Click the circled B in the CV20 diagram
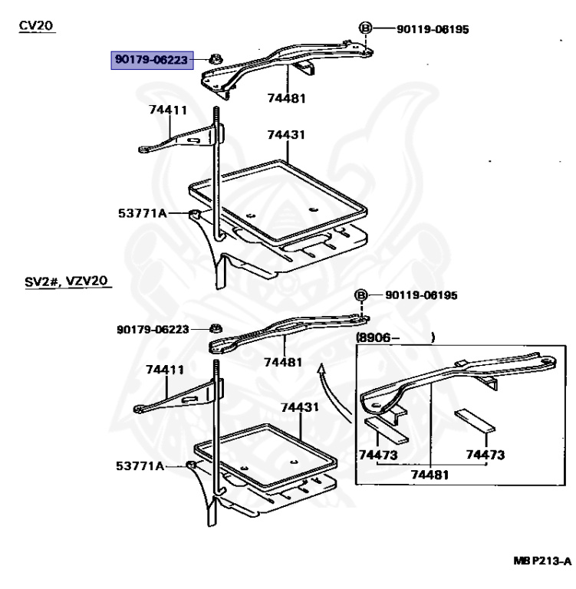click(x=365, y=29)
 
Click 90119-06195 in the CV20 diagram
click(x=432, y=30)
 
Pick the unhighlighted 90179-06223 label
click(x=153, y=328)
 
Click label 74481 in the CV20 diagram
click(x=285, y=97)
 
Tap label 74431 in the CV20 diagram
click(x=286, y=135)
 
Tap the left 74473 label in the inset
click(x=378, y=456)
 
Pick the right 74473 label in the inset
click(x=485, y=456)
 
